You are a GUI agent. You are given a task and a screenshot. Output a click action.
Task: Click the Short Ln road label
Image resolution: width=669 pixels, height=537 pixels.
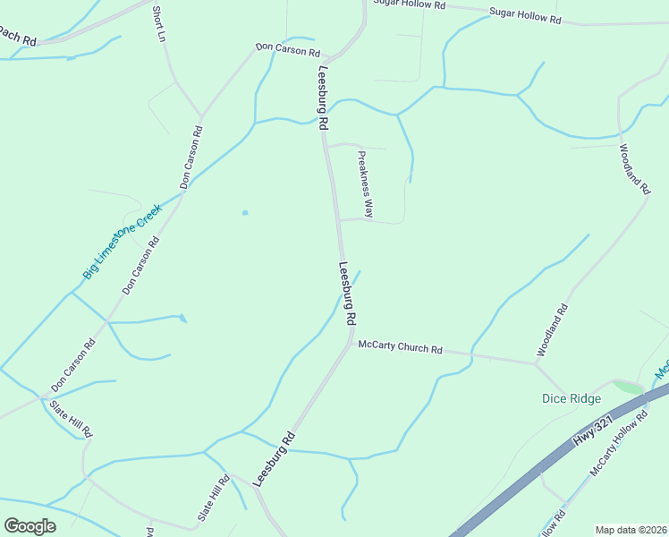(160, 24)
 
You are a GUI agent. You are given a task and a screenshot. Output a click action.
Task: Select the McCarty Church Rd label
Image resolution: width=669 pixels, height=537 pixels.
(400, 346)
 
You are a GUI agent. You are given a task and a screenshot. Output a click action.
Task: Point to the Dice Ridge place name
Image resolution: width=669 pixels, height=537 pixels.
(572, 398)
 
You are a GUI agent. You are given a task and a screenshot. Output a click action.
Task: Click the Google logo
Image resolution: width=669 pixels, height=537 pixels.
(30, 526)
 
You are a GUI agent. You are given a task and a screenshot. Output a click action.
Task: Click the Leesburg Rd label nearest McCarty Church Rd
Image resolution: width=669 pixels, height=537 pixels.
(348, 294)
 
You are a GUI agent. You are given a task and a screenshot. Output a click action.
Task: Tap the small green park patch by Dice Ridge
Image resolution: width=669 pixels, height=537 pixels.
(628, 388)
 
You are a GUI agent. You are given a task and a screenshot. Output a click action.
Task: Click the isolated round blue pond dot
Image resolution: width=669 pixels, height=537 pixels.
(244, 213)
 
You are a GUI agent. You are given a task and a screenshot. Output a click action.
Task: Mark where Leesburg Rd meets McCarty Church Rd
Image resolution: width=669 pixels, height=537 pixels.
(349, 340)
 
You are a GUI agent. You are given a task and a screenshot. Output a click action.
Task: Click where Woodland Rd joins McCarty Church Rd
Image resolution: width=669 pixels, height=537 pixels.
(535, 363)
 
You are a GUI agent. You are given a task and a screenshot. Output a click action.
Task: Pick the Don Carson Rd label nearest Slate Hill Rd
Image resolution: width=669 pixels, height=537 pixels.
(73, 365)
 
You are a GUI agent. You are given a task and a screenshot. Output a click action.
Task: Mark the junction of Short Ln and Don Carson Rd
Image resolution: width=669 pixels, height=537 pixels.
(201, 116)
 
